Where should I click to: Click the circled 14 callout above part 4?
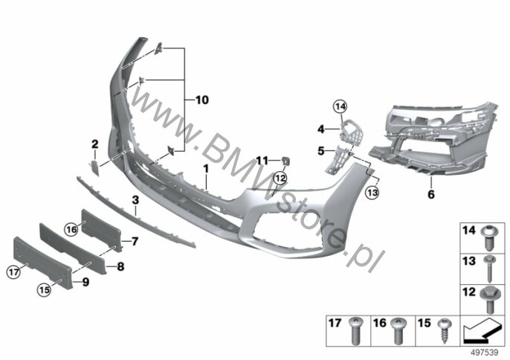340,106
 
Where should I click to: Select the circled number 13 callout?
372,193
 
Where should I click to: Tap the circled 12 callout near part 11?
280,178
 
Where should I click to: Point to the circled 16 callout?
71,230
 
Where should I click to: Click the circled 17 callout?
13,271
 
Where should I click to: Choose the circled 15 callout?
45,289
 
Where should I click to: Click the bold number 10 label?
202,100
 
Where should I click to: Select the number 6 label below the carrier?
431,195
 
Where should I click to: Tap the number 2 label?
94,144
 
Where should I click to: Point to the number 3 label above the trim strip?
135,200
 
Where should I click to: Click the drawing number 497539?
485,353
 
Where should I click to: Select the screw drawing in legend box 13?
489,269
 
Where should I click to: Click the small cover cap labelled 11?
286,161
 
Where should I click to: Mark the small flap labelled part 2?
94,167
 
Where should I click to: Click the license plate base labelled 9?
42,263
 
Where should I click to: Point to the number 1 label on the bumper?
205,170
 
